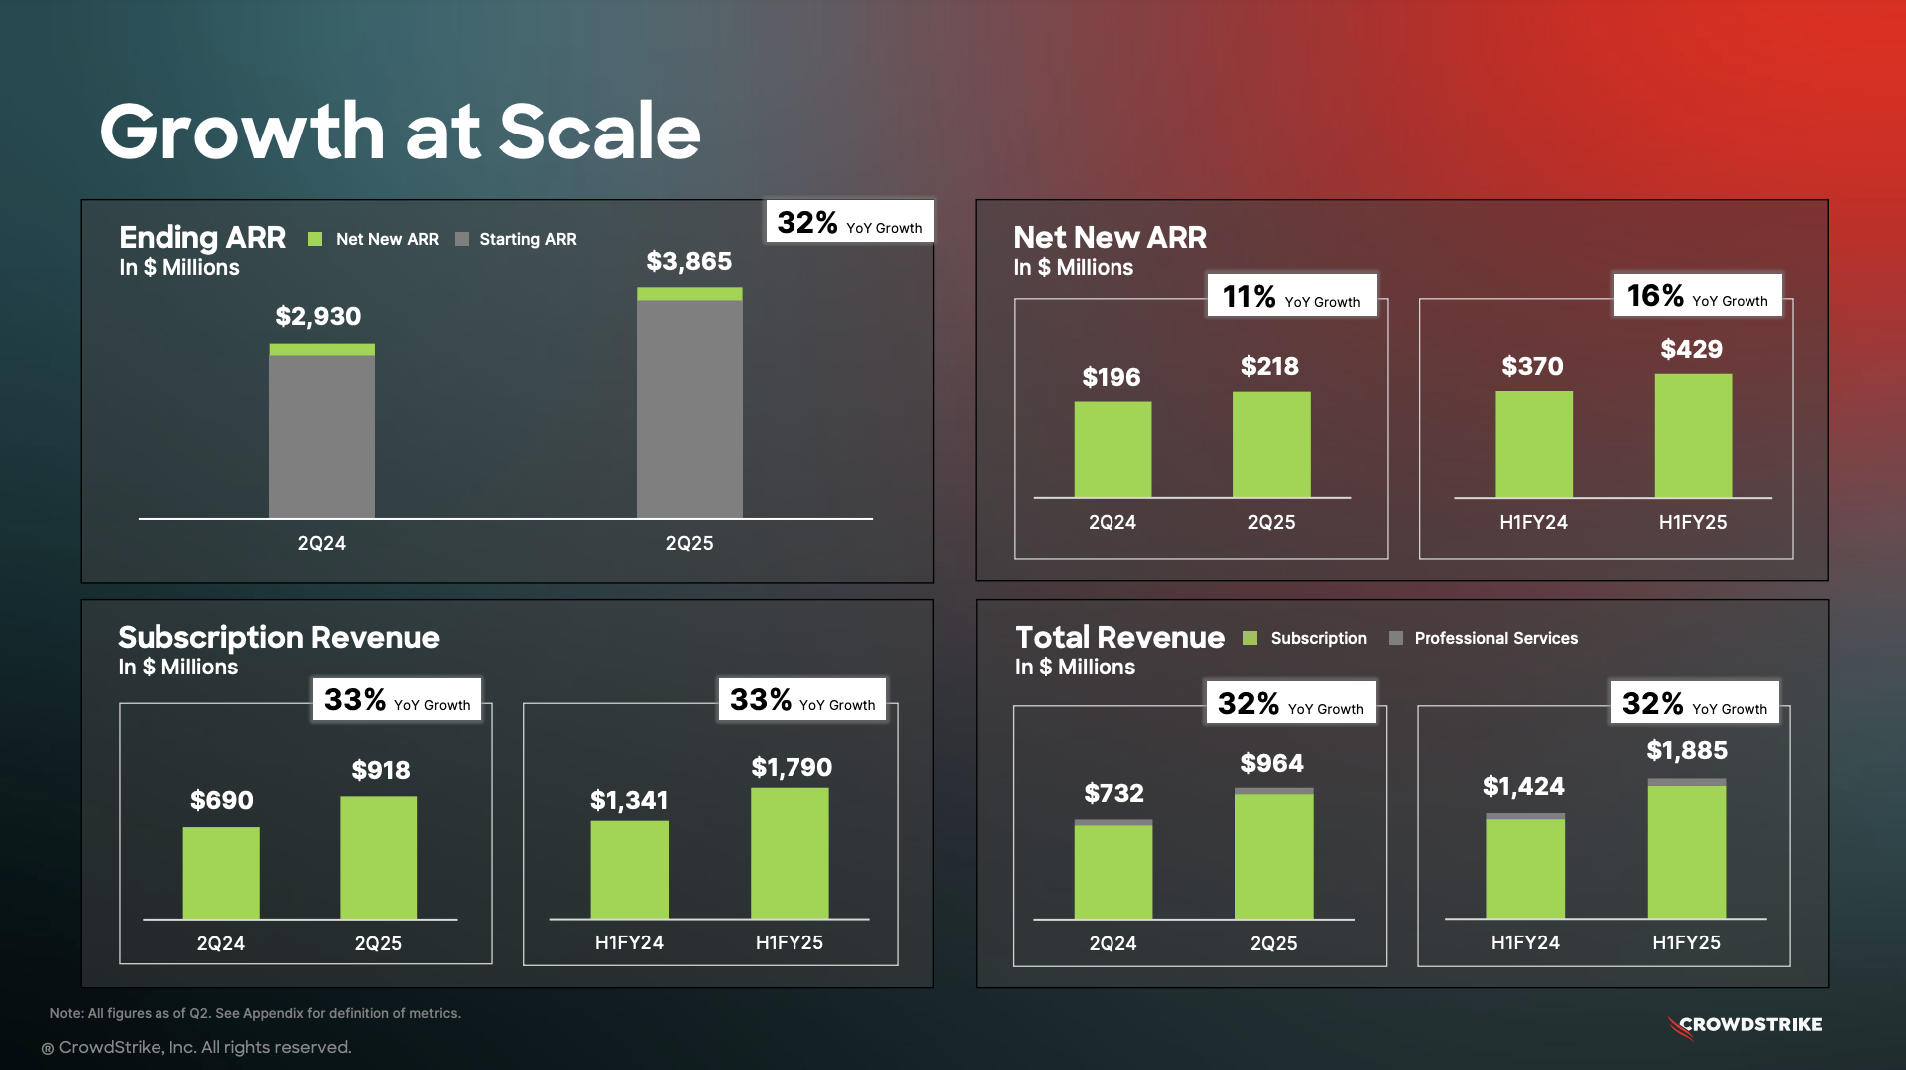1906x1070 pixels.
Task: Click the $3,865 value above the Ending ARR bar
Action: click(x=689, y=261)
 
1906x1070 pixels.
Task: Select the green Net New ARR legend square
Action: click(x=315, y=239)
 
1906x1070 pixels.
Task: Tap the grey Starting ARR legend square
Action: click(x=462, y=239)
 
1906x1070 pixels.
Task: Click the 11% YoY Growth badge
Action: click(x=1291, y=296)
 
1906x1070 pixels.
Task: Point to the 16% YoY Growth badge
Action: click(x=1697, y=295)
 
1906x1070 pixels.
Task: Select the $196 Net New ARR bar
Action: click(x=1112, y=449)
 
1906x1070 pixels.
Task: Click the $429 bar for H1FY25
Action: click(x=1693, y=435)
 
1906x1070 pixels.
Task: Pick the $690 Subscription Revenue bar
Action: click(x=221, y=873)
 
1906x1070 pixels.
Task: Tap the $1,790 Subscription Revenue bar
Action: click(x=790, y=853)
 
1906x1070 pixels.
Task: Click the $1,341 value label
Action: click(x=629, y=800)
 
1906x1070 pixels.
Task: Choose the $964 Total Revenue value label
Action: click(x=1272, y=763)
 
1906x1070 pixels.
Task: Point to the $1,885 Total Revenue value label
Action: click(x=1687, y=750)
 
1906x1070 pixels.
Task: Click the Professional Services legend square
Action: click(x=1396, y=638)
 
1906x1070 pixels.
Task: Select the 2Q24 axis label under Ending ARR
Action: click(x=321, y=543)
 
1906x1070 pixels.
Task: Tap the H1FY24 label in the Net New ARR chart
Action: click(x=1533, y=522)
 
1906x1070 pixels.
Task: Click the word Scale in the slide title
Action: click(x=599, y=132)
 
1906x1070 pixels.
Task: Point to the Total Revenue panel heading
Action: click(x=1119, y=637)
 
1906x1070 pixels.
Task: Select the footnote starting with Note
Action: click(x=255, y=1013)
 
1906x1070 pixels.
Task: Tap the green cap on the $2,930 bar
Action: click(x=322, y=350)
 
